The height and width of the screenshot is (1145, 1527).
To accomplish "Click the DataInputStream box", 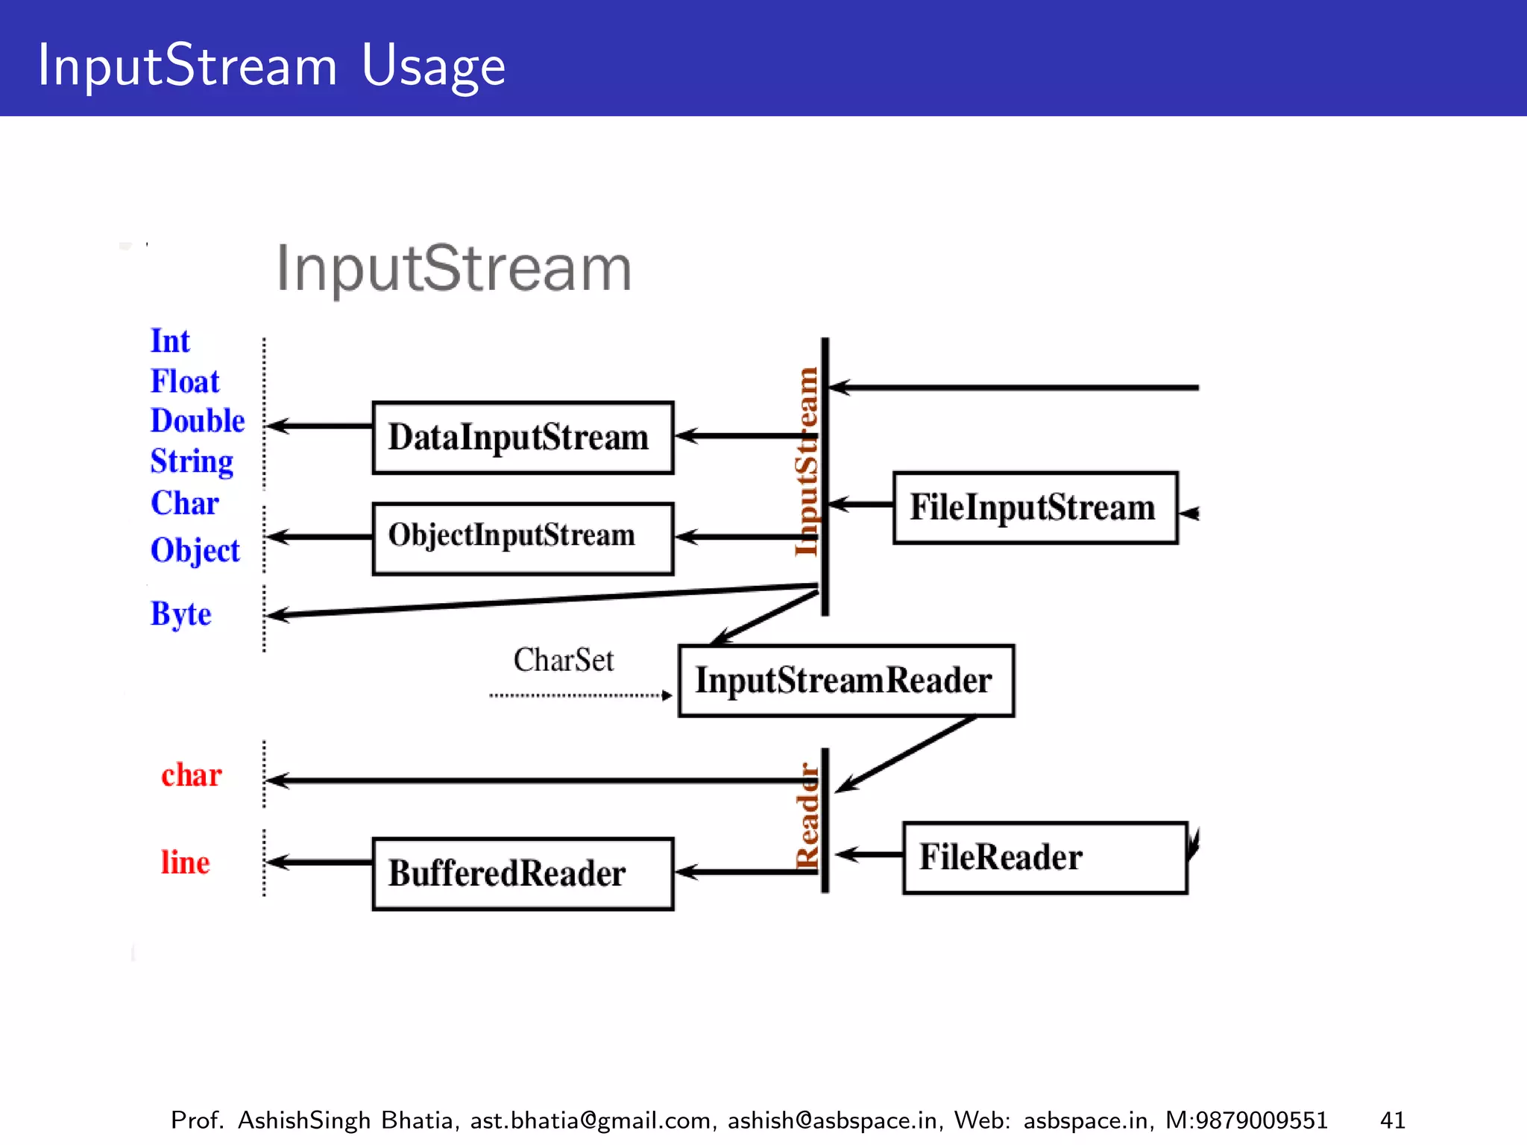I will (x=523, y=438).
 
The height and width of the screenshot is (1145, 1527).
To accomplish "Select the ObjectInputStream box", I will (x=523, y=538).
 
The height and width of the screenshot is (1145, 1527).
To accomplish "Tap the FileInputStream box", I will (x=1035, y=508).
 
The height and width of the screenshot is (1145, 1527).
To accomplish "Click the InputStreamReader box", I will (x=846, y=681).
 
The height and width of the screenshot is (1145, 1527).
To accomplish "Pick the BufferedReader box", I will (x=523, y=873).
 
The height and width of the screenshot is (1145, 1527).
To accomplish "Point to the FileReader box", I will (x=1044, y=857).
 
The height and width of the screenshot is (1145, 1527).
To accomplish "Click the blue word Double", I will (x=198, y=421).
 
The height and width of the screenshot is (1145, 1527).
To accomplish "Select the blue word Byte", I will (x=181, y=614).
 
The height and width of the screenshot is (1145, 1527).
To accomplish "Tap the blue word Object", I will (x=195, y=551).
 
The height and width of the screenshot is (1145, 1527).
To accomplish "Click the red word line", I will (x=186, y=862).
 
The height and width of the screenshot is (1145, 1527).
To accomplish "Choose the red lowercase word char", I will (x=192, y=775).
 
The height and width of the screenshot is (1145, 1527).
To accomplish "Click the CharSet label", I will (x=564, y=660).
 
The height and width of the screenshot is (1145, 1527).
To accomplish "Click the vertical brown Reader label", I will (x=807, y=816).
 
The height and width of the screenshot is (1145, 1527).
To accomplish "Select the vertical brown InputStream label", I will (x=807, y=462).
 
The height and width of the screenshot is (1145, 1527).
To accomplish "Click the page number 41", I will (x=1392, y=1120).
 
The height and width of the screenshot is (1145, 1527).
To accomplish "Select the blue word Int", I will (x=170, y=341).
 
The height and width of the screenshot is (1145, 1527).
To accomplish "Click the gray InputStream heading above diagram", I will (x=454, y=268).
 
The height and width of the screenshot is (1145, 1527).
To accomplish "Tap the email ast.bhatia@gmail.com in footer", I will (x=590, y=1120).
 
